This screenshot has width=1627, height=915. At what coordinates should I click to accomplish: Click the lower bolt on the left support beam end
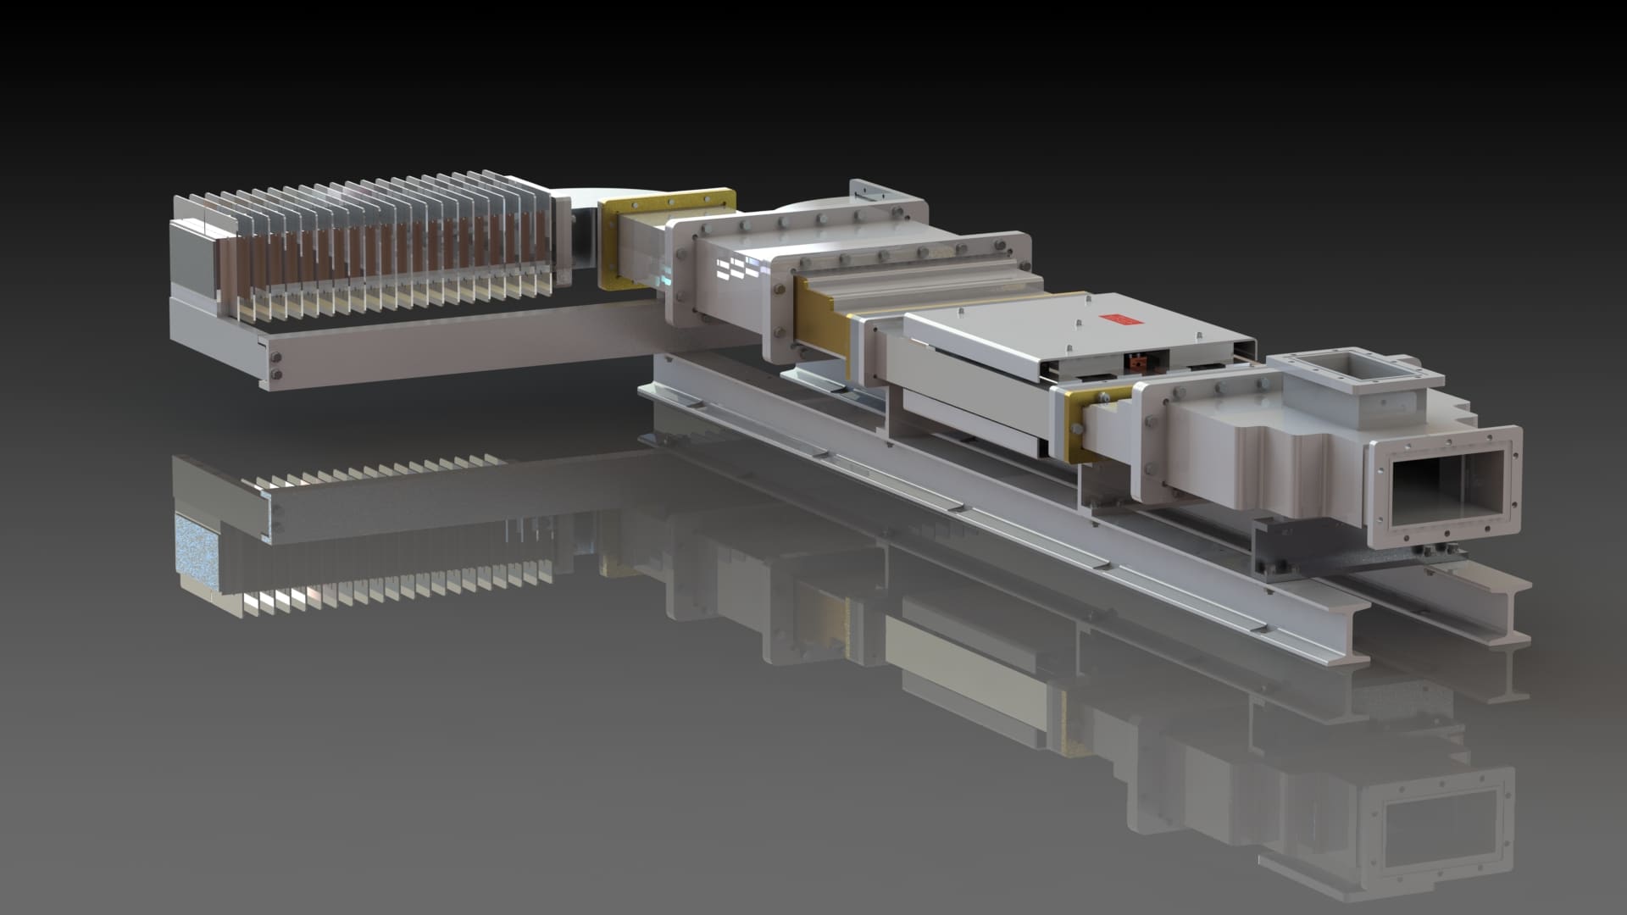tap(275, 374)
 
